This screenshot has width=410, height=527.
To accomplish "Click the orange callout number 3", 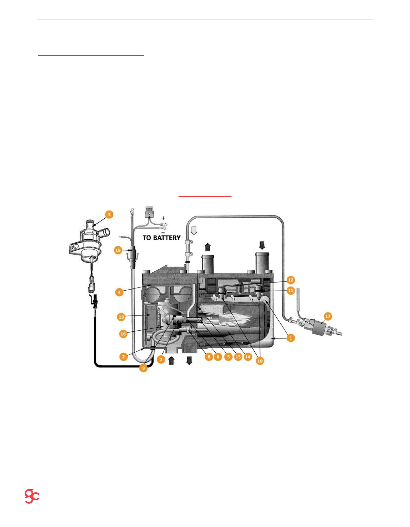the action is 109,214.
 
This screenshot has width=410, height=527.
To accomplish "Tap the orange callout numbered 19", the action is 118,250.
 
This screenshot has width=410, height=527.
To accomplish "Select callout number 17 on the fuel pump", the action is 328,316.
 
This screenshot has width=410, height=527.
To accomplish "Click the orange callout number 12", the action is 291,280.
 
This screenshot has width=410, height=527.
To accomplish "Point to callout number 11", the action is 291,290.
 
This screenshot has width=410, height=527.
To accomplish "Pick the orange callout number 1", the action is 291,338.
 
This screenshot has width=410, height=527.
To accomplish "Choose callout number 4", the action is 119,292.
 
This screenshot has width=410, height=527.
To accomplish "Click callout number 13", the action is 121,317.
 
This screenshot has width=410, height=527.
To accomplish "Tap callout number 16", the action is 123,334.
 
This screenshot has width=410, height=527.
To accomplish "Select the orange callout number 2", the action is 124,357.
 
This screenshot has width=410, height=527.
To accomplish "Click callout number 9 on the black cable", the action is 143,368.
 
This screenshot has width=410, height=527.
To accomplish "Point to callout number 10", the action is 260,361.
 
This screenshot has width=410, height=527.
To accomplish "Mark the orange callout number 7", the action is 161,359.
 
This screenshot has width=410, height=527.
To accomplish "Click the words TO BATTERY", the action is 162,238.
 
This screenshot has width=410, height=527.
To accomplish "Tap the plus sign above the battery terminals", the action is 163,218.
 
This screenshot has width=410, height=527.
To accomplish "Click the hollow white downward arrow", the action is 194,231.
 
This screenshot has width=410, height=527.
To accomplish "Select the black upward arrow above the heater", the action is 207,247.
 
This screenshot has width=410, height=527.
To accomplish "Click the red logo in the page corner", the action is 32,496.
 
